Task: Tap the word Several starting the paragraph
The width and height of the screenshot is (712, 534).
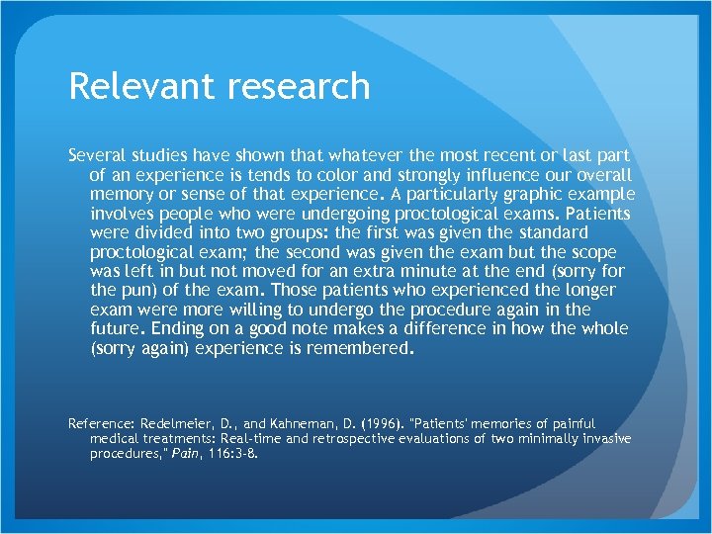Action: click(x=96, y=156)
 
